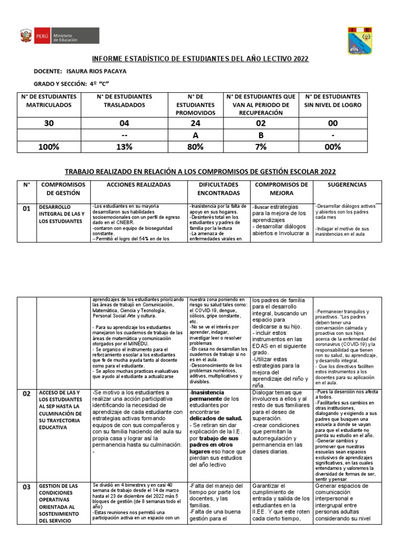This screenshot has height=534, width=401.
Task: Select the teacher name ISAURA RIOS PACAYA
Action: [x=97, y=71]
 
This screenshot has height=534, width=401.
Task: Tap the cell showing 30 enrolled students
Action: [x=49, y=123]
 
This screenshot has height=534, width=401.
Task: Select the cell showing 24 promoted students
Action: [x=195, y=123]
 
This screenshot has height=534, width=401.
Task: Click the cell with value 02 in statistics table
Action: [x=260, y=123]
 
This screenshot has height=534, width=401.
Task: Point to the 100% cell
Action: [x=49, y=147]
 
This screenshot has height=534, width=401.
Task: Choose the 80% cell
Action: [x=195, y=147]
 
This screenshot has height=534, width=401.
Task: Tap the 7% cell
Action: [x=260, y=147]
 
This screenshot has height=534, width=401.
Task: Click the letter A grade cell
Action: [x=195, y=135]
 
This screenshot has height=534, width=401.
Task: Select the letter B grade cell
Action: [x=260, y=135]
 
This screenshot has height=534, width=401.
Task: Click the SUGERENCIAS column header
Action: [x=347, y=185]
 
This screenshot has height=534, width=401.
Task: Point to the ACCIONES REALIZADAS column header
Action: [x=138, y=185]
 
